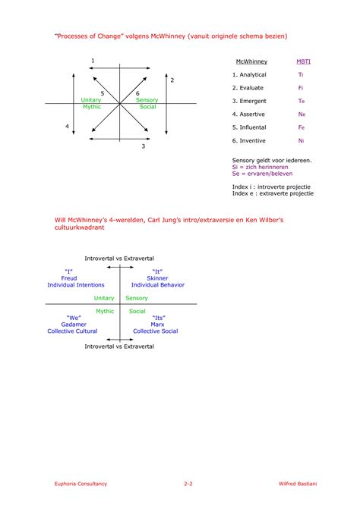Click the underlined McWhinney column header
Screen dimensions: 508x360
251,61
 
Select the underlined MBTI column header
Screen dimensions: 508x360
302,61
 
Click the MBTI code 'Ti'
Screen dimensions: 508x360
301,75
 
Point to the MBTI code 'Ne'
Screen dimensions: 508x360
302,114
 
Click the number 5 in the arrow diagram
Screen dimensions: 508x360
102,93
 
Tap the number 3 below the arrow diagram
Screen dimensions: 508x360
143,146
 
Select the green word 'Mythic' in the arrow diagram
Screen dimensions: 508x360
91,107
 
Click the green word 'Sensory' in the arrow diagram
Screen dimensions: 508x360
147,100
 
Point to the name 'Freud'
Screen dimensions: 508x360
69,278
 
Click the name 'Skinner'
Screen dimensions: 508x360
157,278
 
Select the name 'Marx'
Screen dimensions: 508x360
157,325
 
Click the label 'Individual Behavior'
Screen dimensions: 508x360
157,285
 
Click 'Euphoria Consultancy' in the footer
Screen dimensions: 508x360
81,483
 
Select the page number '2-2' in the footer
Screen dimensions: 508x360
188,483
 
